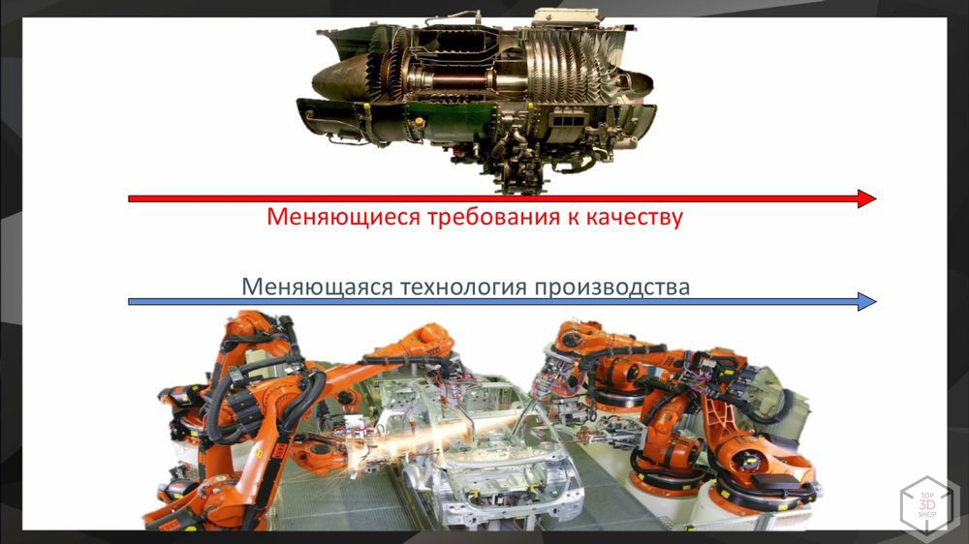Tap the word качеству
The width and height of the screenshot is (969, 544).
click(634, 217)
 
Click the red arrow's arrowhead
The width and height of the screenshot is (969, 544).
click(866, 198)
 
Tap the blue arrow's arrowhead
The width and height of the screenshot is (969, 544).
click(866, 302)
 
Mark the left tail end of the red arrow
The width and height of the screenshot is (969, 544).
click(131, 198)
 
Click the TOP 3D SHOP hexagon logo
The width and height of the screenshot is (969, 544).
click(927, 504)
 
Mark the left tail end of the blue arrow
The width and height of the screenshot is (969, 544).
click(131, 302)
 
